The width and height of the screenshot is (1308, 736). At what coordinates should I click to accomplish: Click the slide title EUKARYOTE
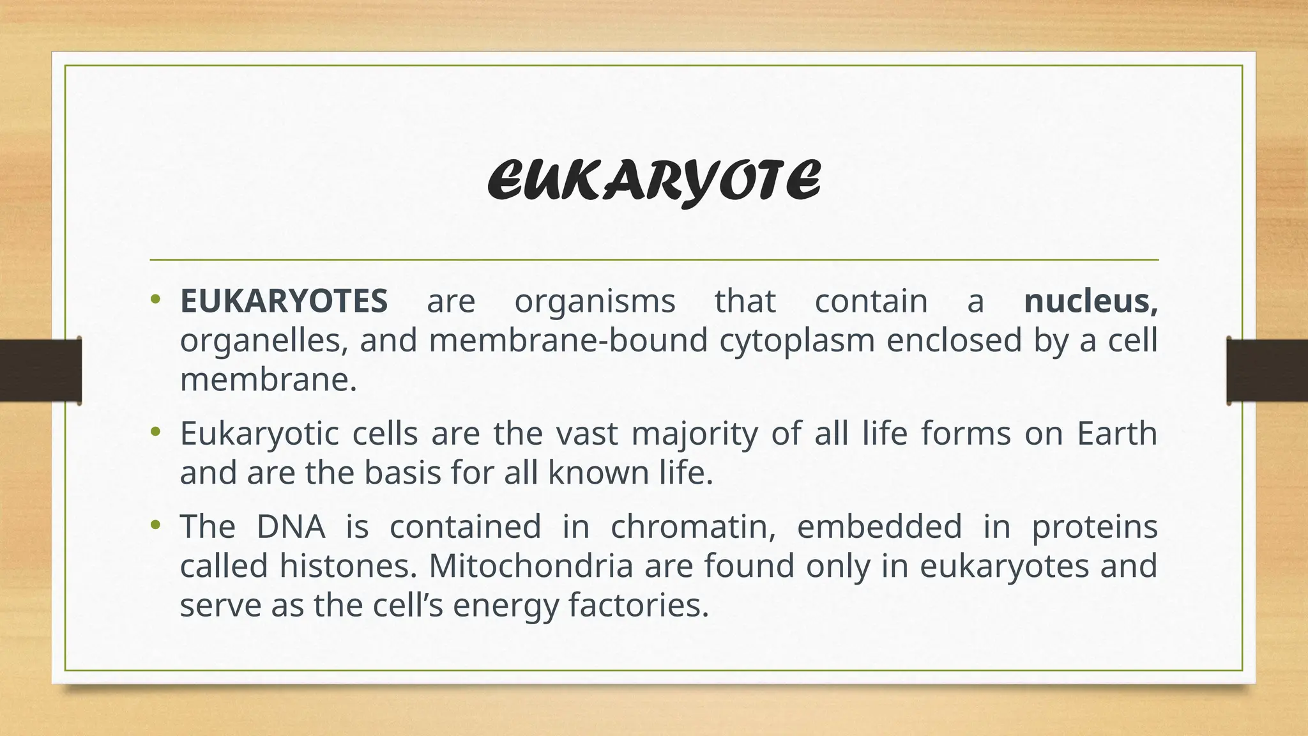(x=654, y=181)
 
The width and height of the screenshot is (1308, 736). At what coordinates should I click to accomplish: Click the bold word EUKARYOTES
(x=284, y=301)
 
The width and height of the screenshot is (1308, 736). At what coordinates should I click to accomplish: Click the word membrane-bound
(x=568, y=341)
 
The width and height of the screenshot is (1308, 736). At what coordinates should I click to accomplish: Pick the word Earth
(x=1117, y=434)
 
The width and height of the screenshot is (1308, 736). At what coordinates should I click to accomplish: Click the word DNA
(x=291, y=527)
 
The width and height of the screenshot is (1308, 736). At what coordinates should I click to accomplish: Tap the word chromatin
(x=693, y=527)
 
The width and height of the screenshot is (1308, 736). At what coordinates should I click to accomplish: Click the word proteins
(x=1095, y=527)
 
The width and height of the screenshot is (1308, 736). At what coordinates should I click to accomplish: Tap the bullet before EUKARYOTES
(x=155, y=298)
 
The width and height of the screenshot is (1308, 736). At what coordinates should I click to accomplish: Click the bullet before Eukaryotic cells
(x=155, y=432)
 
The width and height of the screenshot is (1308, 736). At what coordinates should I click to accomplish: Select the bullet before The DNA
(x=155, y=525)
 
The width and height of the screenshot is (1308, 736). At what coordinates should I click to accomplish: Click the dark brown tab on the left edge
(x=40, y=371)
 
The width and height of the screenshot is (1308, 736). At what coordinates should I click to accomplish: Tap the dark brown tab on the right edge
(x=1268, y=371)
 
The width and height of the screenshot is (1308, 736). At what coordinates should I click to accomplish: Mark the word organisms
(x=595, y=301)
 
